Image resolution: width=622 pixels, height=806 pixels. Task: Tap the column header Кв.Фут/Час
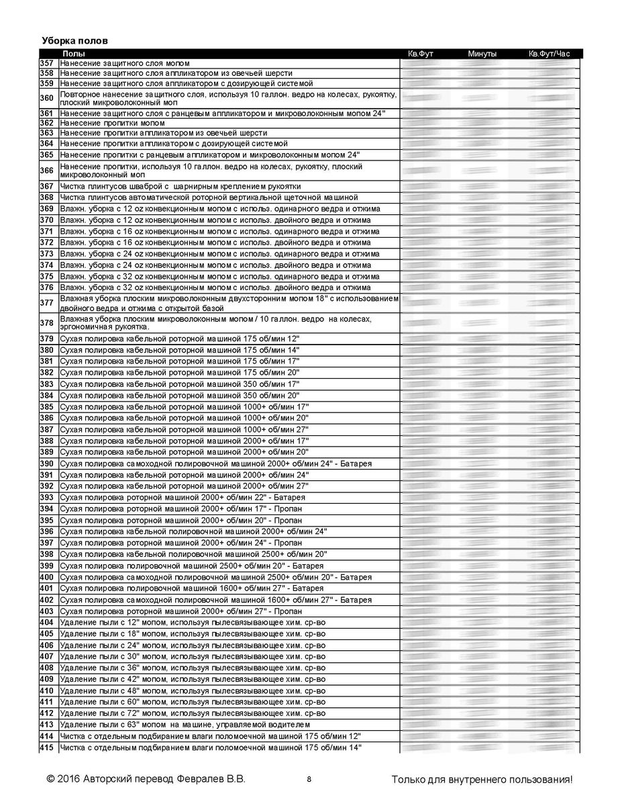pos(550,53)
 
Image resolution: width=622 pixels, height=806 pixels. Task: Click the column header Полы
pos(74,53)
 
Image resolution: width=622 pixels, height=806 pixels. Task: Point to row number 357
pos(46,63)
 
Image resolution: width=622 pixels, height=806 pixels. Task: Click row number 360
pos(46,98)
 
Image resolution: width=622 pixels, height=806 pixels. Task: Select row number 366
pos(46,171)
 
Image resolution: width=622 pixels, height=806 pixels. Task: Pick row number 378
pos(46,322)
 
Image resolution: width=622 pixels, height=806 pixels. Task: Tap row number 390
pos(46,464)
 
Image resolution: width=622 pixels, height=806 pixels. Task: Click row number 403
pos(46,611)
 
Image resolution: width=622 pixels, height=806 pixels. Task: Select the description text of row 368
pos(208,197)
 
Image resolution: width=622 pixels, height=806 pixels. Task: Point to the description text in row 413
pos(185,725)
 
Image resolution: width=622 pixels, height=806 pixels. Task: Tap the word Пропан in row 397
pos(288,543)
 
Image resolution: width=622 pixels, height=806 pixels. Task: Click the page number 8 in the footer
pos(309,779)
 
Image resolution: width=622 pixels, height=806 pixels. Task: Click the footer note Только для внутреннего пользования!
pos(482,779)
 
